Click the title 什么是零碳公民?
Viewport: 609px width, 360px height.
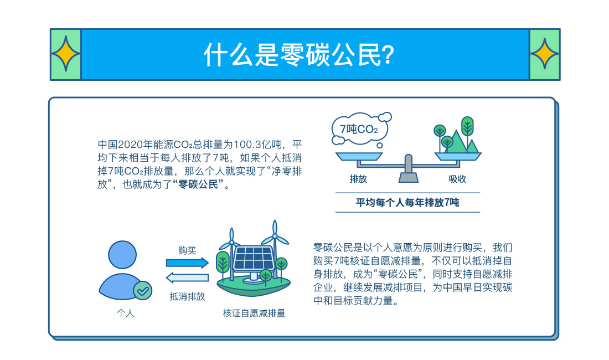(299, 54)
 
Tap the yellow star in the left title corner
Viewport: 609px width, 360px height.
(66, 54)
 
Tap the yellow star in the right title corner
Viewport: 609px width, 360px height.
(544, 54)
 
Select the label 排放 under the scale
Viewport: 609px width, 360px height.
(358, 179)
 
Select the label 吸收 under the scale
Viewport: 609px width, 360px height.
(457, 179)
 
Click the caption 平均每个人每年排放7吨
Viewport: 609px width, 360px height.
(407, 203)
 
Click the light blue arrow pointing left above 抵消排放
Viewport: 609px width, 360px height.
(187, 277)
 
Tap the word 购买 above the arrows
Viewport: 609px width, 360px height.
(187, 250)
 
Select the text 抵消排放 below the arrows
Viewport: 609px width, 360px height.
(187, 296)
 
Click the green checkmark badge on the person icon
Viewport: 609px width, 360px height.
(142, 290)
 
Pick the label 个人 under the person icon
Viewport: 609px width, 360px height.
(125, 313)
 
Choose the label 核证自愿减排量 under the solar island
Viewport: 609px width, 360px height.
(254, 313)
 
